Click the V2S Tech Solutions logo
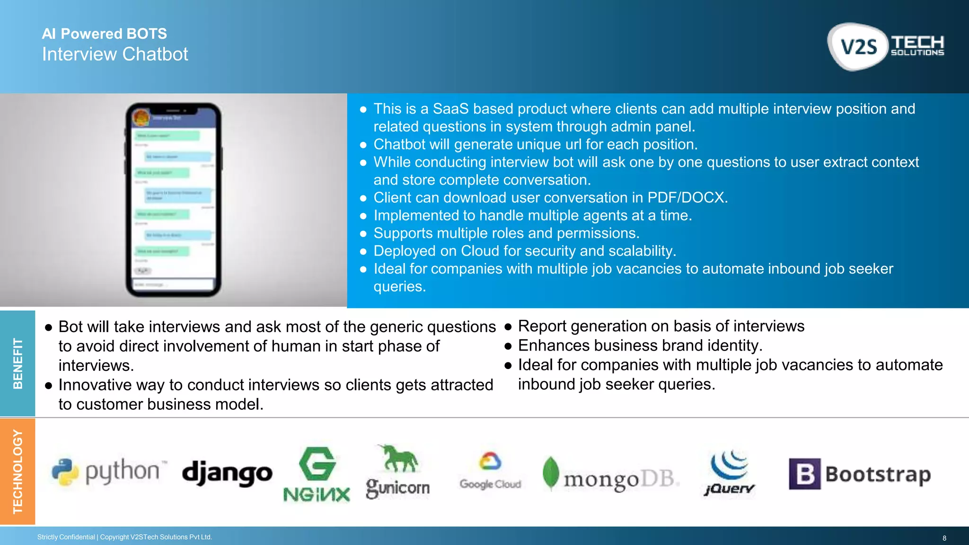tap(886, 47)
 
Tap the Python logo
tap(109, 472)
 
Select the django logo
tap(227, 473)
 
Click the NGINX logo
tap(317, 475)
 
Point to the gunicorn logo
tap(397, 472)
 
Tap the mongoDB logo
tap(610, 475)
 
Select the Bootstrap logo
tap(860, 474)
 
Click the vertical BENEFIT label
tap(18, 363)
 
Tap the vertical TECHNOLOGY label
tap(18, 471)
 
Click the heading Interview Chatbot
tap(115, 54)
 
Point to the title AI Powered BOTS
tap(104, 34)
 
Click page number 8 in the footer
tap(944, 538)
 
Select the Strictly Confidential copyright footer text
tap(124, 537)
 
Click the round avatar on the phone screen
tap(141, 117)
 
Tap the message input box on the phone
tap(173, 284)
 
